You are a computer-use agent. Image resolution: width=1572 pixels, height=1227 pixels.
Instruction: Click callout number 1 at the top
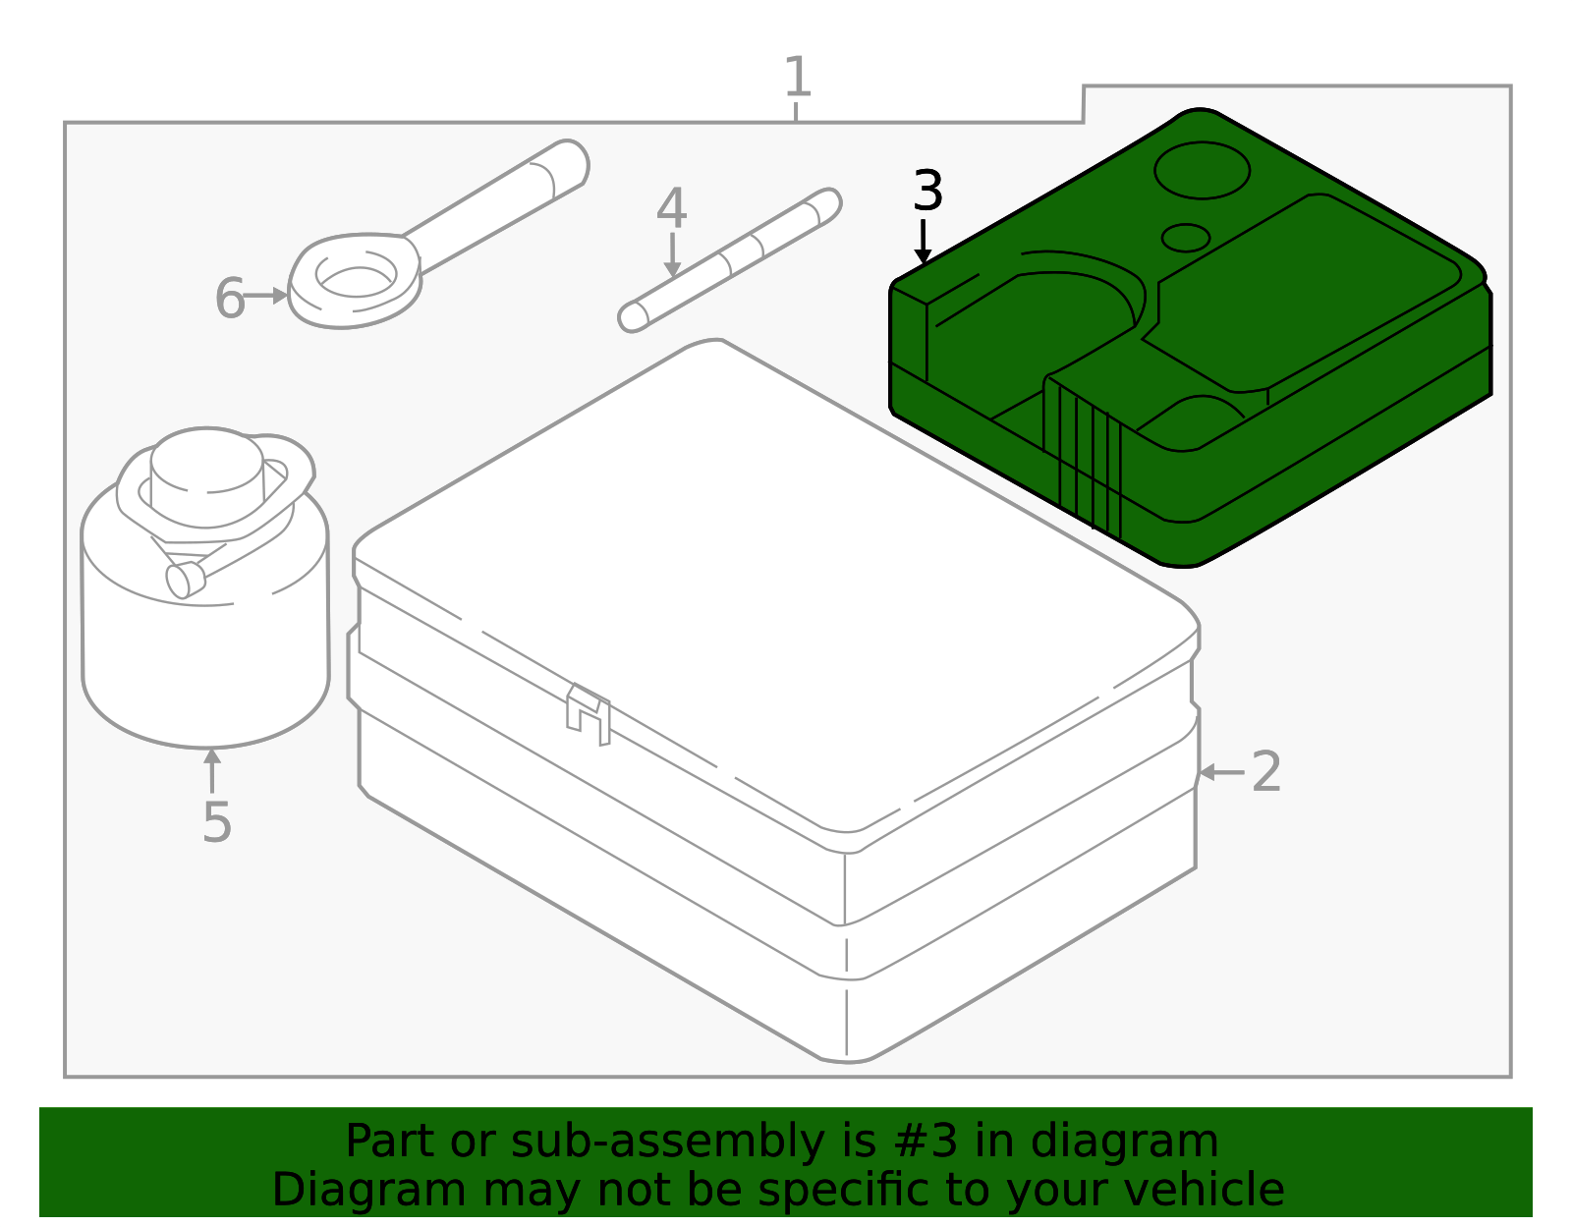[797, 77]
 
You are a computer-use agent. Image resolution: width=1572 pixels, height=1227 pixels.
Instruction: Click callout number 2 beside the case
[1266, 771]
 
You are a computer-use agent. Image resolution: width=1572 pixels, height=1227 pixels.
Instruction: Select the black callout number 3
[928, 191]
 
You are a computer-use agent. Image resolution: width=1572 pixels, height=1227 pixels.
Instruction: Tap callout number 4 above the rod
[671, 208]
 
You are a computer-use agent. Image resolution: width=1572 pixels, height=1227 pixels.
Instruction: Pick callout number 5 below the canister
[217, 822]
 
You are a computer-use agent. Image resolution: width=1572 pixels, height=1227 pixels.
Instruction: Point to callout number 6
[230, 298]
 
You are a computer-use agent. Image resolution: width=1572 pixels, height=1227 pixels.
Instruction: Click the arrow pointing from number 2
[1222, 772]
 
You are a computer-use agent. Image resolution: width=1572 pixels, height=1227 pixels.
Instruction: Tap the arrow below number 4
[673, 254]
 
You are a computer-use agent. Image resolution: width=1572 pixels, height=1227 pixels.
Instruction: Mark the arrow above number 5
[212, 771]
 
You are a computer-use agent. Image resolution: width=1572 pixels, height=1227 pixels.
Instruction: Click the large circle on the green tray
[1203, 171]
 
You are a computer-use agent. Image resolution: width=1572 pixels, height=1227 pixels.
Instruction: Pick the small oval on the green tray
[1186, 238]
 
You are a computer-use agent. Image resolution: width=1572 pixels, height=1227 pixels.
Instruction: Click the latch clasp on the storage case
[589, 713]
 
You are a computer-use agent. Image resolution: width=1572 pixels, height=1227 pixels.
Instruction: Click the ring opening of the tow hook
[356, 282]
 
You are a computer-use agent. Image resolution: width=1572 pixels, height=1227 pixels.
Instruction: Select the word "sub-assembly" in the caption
[667, 1142]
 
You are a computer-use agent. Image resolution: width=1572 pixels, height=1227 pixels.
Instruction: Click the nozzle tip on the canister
[185, 580]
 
